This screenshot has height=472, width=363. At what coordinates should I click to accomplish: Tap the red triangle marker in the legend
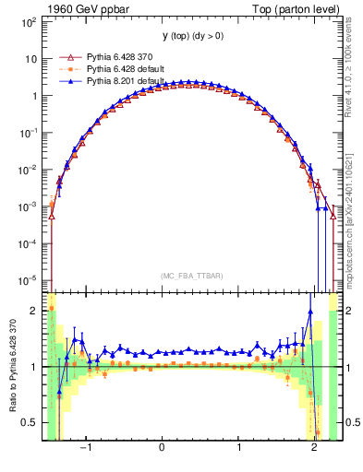pyautogui.click(x=67, y=57)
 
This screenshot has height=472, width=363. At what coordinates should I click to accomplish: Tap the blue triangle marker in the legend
pyautogui.click(x=67, y=81)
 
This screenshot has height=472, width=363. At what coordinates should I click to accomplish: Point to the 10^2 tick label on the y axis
pyautogui.click(x=28, y=21)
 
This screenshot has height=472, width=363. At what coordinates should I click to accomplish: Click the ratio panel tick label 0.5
pyautogui.click(x=30, y=422)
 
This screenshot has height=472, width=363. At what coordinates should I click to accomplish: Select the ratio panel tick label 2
pyautogui.click(x=35, y=311)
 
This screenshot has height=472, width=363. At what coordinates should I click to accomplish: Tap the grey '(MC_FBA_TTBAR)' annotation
pyautogui.click(x=189, y=276)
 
